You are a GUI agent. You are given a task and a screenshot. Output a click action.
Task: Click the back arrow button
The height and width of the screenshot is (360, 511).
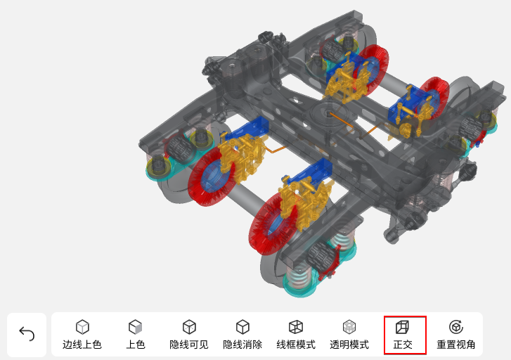27,334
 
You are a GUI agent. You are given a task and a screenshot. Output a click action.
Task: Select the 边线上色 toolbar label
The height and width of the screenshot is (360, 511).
82,345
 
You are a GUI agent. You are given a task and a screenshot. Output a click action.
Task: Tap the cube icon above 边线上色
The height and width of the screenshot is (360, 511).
82,327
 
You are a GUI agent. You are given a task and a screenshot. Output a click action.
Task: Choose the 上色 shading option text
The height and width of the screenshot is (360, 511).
136,345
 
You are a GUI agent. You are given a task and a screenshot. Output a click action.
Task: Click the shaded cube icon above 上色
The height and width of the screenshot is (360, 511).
135,327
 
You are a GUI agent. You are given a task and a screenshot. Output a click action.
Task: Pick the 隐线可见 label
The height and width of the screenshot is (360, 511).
189,345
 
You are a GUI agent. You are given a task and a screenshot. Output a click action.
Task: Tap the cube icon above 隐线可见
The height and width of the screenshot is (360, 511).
189,327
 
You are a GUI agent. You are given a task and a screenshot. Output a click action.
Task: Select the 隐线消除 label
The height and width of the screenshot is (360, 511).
242,345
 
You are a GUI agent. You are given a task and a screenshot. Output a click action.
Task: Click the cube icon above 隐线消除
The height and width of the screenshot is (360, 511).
242,327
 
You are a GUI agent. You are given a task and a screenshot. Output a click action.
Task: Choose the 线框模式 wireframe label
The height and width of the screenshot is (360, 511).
296,345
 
